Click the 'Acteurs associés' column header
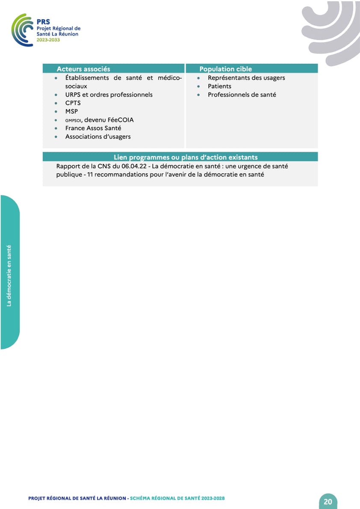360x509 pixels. point(83,69)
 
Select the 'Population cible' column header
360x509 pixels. point(225,69)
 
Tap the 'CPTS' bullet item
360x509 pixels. point(73,103)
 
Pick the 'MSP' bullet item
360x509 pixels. point(71,112)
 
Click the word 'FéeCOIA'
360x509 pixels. point(121,120)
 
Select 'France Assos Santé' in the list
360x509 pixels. point(93,128)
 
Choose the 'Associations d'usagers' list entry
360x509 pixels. point(98,137)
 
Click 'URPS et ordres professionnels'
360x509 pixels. point(109,95)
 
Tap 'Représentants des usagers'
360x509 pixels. point(246,78)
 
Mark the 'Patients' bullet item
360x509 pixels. point(219,86)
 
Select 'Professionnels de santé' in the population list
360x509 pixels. point(242,95)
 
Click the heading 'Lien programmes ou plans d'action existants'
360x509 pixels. point(186,157)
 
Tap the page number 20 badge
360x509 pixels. point(328,501)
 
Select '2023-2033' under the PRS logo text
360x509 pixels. point(48,39)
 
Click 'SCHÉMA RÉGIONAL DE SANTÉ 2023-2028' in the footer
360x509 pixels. point(177,498)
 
